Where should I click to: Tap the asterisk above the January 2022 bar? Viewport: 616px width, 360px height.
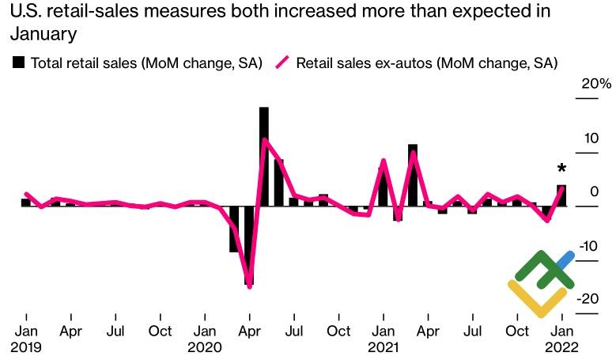561,169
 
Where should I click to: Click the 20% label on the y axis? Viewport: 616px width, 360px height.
595,83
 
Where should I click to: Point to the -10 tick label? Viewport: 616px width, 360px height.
588,246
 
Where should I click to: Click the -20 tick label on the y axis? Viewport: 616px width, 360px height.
588,299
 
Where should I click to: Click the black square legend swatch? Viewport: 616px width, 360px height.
18,63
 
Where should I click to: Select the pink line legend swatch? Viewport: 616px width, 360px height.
282,63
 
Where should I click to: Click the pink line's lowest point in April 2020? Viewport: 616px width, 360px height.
250,286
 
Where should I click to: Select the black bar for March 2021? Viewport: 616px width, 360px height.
413,175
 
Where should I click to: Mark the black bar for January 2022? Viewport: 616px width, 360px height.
561,195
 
